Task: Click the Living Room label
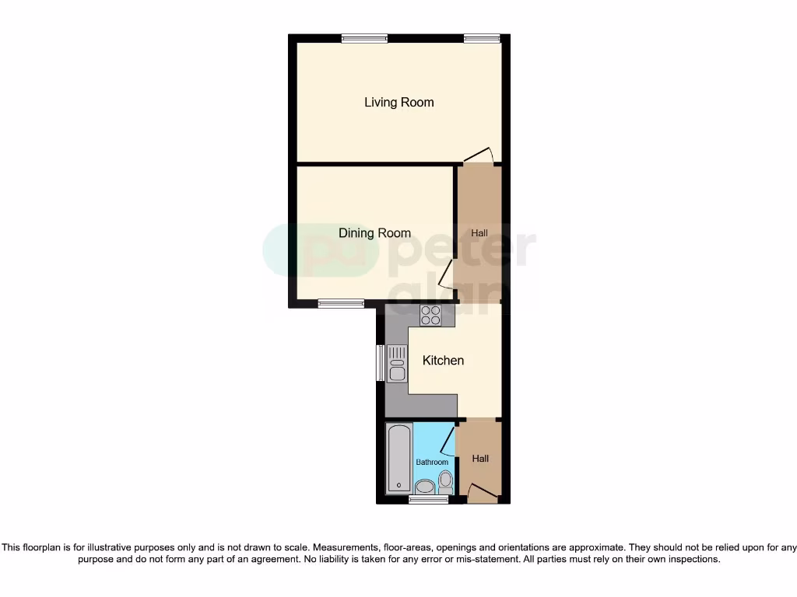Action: click(x=398, y=103)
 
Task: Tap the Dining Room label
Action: click(x=374, y=233)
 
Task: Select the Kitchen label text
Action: click(x=443, y=361)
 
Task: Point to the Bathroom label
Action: click(x=432, y=463)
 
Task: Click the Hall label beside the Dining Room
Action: click(x=479, y=233)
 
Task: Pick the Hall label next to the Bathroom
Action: click(x=480, y=459)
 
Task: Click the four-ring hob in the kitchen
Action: click(x=430, y=316)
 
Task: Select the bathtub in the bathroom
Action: click(x=399, y=459)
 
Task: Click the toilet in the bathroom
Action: click(x=445, y=482)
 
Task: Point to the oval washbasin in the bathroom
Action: click(x=425, y=487)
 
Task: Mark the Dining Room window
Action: click(x=341, y=304)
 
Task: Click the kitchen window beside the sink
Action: click(x=380, y=363)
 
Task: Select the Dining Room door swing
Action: click(x=447, y=274)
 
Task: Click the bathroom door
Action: click(x=448, y=440)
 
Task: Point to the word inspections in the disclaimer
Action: click(x=695, y=559)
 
